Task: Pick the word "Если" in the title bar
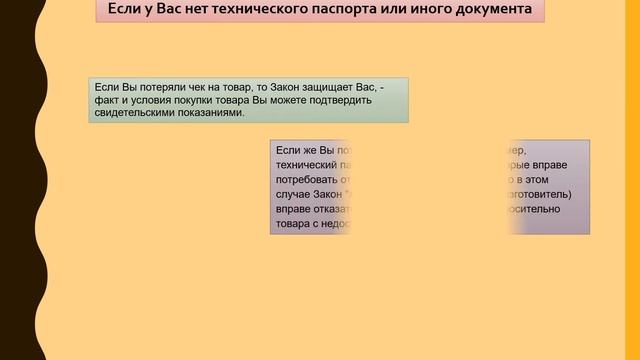coord(122,12)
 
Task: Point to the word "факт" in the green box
coord(101,100)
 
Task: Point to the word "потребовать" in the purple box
coord(307,180)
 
